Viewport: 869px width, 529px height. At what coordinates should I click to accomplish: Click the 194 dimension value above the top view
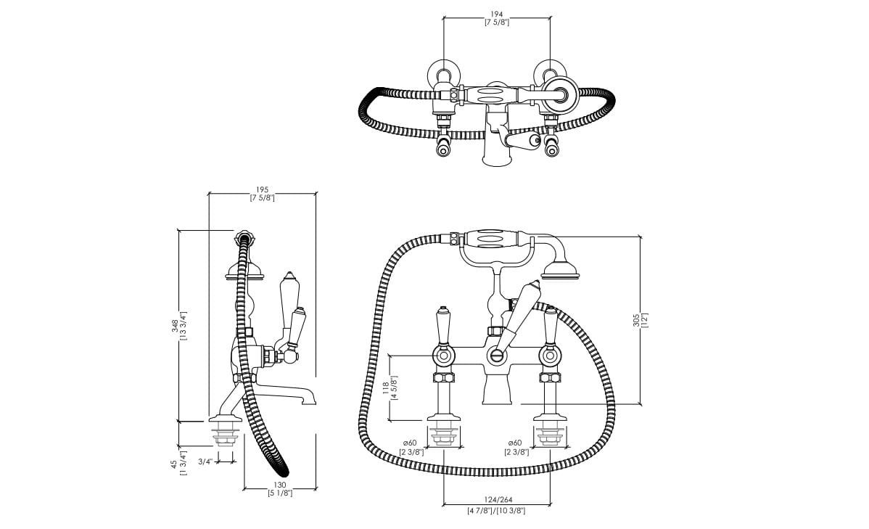(x=497, y=15)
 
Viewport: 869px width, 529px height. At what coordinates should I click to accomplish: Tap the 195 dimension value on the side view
(x=262, y=189)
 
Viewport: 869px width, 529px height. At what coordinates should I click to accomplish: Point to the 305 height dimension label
(x=636, y=320)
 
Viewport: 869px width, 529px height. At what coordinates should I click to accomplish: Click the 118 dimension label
(x=387, y=387)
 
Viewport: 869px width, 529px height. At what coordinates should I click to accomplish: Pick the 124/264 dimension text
(x=498, y=500)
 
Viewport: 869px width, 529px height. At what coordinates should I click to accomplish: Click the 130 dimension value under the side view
(x=280, y=485)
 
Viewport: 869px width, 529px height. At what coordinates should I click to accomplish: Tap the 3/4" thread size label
(x=205, y=462)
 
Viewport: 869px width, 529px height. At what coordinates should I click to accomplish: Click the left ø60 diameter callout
(x=410, y=443)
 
